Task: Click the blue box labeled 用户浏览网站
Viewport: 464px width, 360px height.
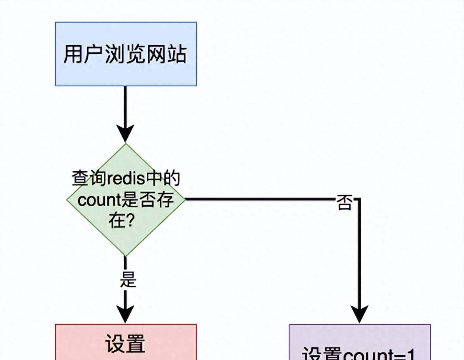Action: pyautogui.click(x=126, y=54)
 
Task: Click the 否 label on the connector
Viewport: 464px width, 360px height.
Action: pyautogui.click(x=343, y=203)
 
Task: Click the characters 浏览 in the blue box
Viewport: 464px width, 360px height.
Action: pyautogui.click(x=125, y=54)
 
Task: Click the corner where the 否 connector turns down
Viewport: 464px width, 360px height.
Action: pyautogui.click(x=359, y=199)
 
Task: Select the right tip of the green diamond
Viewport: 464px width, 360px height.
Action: pyautogui.click(x=184, y=199)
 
